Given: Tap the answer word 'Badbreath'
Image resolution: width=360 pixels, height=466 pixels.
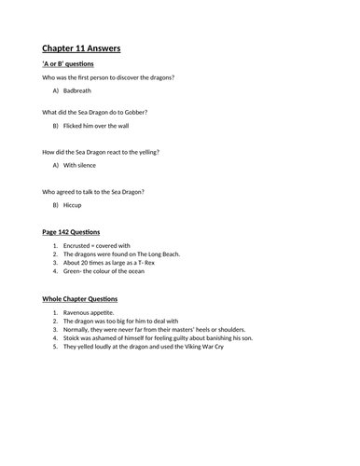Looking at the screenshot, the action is (79, 89).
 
